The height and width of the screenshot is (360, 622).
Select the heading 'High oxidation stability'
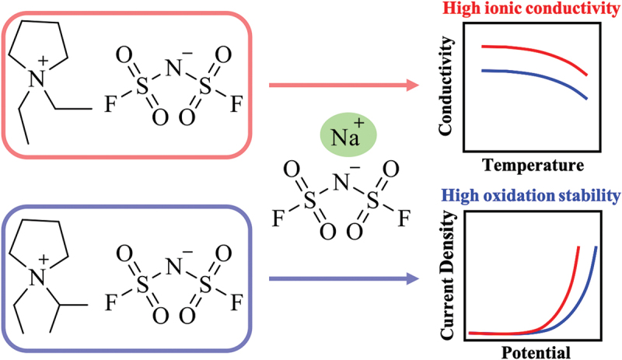(x=530, y=194)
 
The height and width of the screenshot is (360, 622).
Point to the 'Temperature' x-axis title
(x=532, y=165)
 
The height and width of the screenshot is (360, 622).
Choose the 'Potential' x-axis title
(x=531, y=349)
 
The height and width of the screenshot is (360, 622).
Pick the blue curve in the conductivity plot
(x=529, y=75)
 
